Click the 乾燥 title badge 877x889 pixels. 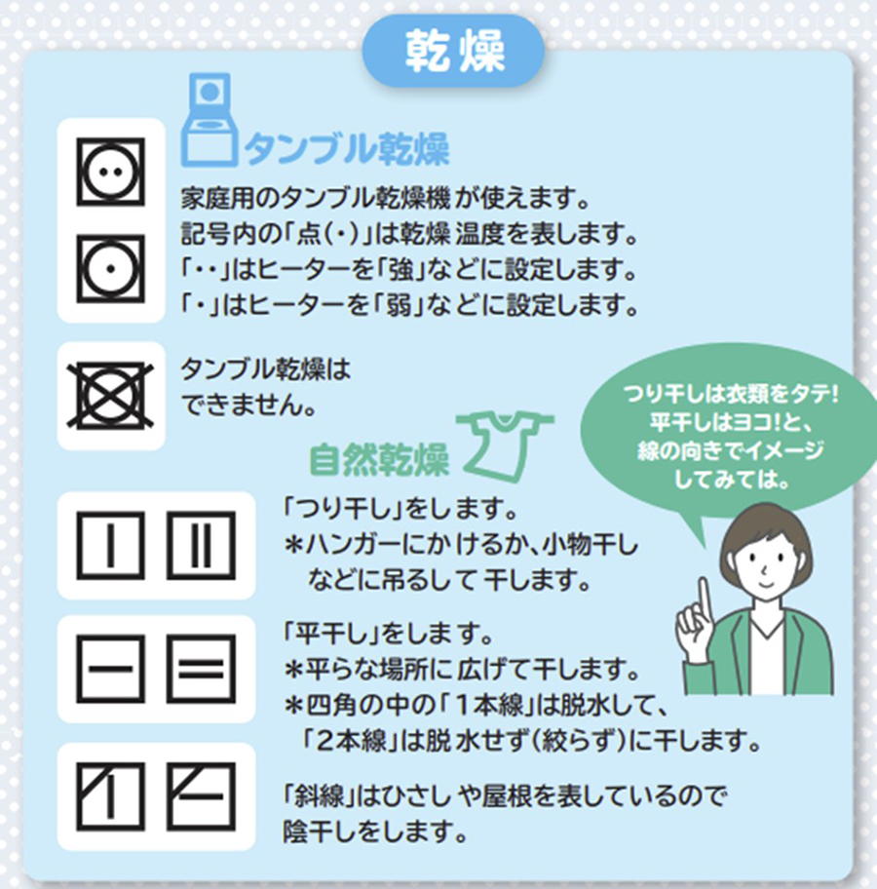[453, 51]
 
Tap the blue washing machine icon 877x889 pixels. [209, 120]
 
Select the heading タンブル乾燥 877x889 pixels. [347, 149]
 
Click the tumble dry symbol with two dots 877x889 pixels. [110, 172]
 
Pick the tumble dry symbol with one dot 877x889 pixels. [110, 268]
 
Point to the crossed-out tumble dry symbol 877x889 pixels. [110, 395]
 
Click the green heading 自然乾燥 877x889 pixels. [379, 459]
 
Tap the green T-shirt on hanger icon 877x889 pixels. [505, 443]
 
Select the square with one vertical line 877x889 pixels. [110, 546]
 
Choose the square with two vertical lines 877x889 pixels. [201, 546]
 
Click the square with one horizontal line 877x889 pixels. [110, 669]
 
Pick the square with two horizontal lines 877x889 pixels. [201, 669]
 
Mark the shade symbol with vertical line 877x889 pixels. [110, 796]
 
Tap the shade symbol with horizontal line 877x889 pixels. [201, 796]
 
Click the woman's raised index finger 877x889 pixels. [705, 596]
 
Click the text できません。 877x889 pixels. [248, 405]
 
